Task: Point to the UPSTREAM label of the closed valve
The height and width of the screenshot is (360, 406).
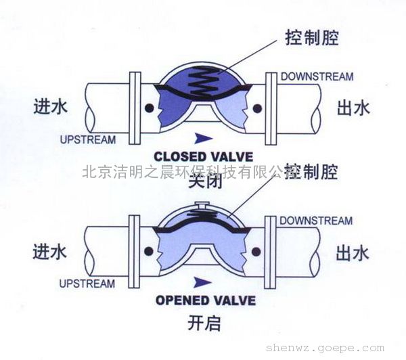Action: point(87,140)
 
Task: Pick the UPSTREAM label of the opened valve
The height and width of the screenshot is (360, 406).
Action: point(87,284)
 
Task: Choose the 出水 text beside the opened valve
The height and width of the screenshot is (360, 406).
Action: point(353,253)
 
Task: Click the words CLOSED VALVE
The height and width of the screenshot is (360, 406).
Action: point(203,153)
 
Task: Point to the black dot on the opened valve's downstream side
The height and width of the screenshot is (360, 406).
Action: point(257,252)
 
